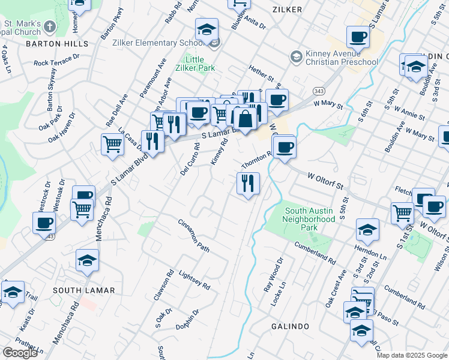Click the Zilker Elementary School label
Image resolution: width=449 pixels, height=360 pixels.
(158, 43)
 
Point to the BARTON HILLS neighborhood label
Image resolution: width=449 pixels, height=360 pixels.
(56, 44)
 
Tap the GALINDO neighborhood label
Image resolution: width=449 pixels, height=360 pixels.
(289, 326)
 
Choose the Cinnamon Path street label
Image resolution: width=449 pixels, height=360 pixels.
(193, 235)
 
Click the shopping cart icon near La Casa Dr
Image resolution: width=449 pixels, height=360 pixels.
(113, 144)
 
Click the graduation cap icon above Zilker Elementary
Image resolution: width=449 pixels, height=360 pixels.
(206, 29)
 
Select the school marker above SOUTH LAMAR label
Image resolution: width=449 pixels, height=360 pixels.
(87, 260)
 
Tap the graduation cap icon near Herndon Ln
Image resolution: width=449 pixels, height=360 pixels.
(367, 229)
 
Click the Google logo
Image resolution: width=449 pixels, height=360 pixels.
(20, 353)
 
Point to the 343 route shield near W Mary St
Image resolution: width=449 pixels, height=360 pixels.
(318, 91)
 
